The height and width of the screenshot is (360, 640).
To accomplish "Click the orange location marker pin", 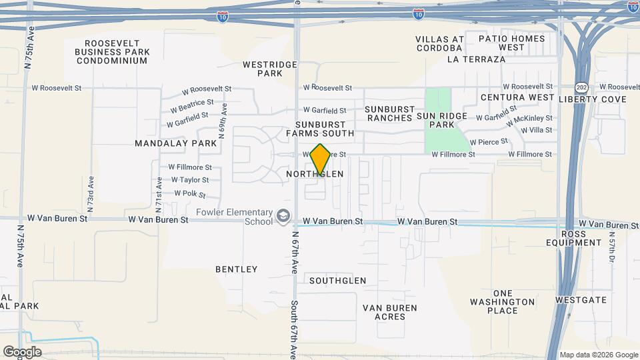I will pyautogui.click(x=321, y=159).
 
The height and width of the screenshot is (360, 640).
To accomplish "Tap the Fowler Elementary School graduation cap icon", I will pyautogui.click(x=283, y=217).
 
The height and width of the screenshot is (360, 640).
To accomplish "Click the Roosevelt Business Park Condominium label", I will pyautogui.click(x=111, y=51).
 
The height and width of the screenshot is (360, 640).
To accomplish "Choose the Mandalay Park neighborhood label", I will pyautogui.click(x=175, y=143).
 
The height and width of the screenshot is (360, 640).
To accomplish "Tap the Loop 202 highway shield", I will pyautogui.click(x=581, y=87).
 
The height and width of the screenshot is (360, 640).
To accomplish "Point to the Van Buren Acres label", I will pyautogui.click(x=390, y=312).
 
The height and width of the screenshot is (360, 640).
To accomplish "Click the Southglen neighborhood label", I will pyautogui.click(x=338, y=281).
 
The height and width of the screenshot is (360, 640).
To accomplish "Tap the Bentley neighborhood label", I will pyautogui.click(x=236, y=269).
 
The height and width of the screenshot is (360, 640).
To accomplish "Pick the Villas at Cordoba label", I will pyautogui.click(x=439, y=43).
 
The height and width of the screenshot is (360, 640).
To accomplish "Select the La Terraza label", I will pyautogui.click(x=477, y=59).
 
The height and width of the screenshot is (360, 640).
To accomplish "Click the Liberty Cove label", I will pyautogui.click(x=593, y=99).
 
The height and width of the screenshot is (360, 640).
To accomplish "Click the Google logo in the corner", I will pyautogui.click(x=22, y=351).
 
